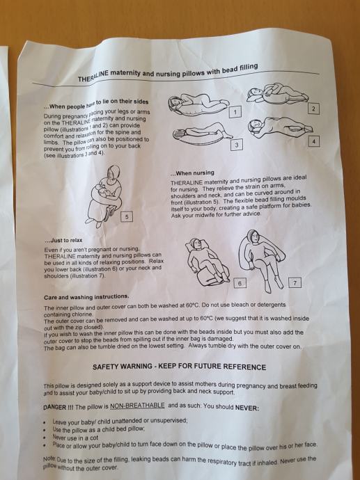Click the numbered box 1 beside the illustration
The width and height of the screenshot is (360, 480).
point(235,112)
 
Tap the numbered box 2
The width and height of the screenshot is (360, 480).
point(313,109)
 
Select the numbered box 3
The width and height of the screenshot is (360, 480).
point(237,145)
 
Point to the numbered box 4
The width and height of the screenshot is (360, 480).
point(313,141)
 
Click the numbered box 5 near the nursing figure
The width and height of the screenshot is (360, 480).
point(127,217)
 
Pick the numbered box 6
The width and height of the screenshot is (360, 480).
point(240,283)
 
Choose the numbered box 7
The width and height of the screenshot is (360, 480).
point(295,282)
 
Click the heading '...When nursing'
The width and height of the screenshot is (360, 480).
point(192,173)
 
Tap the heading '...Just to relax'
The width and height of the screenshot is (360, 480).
point(63,240)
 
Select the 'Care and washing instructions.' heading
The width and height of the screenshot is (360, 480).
point(86,297)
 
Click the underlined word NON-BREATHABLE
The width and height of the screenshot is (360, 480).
point(137,406)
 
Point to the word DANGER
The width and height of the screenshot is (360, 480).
point(55,408)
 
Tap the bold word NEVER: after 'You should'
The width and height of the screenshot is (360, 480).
point(247,408)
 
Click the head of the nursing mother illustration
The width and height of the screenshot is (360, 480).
point(114,173)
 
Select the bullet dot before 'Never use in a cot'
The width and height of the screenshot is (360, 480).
point(45,438)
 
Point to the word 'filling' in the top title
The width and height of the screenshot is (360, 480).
point(246,67)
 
